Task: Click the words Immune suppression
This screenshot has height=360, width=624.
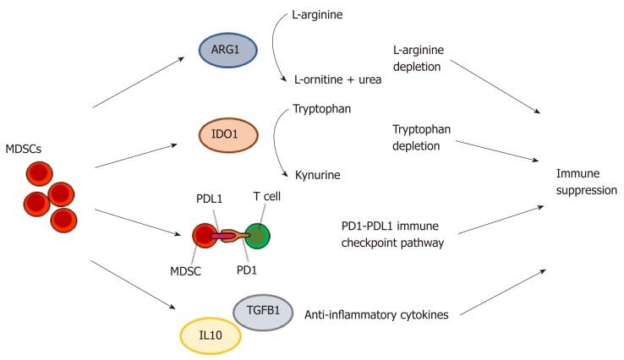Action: (x=586, y=181)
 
